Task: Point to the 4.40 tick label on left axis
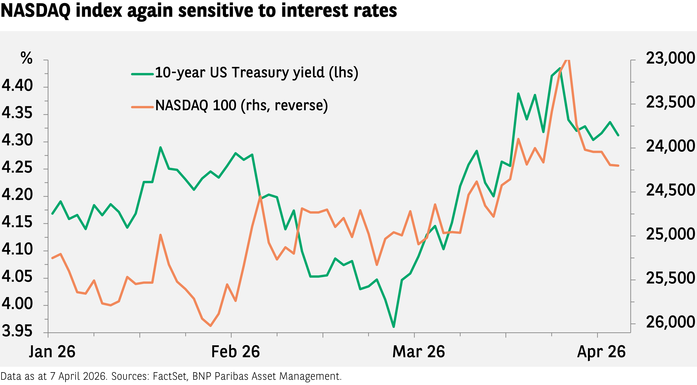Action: click(17, 86)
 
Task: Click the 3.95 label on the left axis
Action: click(17, 331)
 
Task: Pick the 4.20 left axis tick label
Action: click(17, 195)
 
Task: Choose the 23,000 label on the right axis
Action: click(670, 58)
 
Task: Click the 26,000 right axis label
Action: click(670, 322)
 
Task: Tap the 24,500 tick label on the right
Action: click(670, 190)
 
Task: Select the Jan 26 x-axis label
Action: click(52, 352)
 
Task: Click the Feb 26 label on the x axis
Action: click(235, 352)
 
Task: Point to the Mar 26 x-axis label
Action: click(419, 352)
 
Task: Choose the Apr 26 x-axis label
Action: click(601, 352)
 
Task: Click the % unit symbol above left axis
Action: click(26, 58)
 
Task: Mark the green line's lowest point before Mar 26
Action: click(393, 327)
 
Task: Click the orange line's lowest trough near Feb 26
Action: click(211, 326)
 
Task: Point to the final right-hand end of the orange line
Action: click(618, 166)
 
